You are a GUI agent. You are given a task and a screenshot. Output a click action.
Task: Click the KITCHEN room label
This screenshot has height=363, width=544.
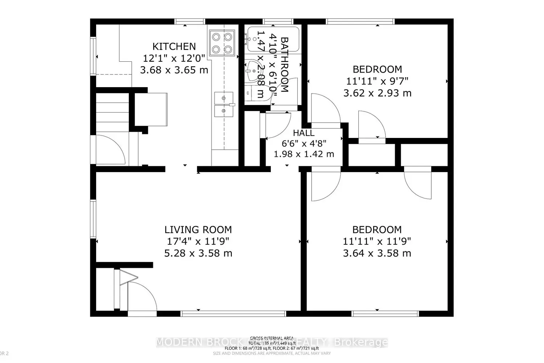pyautogui.click(x=174, y=46)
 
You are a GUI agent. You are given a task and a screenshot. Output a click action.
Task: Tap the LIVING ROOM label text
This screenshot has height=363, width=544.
pyautogui.click(x=198, y=230)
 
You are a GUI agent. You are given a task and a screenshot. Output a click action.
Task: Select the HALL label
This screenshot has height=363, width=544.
pyautogui.click(x=304, y=133)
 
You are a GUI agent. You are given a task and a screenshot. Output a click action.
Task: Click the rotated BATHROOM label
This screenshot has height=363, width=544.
pyautogui.click(x=284, y=65)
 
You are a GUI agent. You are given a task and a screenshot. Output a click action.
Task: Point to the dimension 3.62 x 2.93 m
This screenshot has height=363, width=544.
pyautogui.click(x=377, y=93)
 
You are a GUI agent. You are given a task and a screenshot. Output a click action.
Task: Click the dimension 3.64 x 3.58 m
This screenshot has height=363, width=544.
pyautogui.click(x=377, y=253)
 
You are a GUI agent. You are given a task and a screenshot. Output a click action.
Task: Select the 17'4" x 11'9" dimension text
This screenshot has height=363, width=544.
pyautogui.click(x=198, y=241)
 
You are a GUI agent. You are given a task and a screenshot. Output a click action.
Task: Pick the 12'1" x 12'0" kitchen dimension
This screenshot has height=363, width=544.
pyautogui.click(x=174, y=58)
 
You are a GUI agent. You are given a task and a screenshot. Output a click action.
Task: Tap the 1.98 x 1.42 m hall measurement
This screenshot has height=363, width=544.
pyautogui.click(x=304, y=154)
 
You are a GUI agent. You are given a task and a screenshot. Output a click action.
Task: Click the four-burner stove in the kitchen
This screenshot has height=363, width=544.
pyautogui.click(x=222, y=43)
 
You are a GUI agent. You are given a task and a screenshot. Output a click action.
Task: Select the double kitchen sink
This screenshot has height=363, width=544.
pyautogui.click(x=224, y=105)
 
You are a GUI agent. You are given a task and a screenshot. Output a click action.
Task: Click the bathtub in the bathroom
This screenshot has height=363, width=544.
pyautogui.click(x=273, y=39)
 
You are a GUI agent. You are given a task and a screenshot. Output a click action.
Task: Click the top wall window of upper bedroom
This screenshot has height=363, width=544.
pyautogui.click(x=360, y=21)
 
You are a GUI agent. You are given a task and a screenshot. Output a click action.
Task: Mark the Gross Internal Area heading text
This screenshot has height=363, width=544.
pyautogui.click(x=272, y=338)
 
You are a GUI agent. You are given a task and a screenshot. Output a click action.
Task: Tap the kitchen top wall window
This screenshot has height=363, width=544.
pyautogui.click(x=190, y=21)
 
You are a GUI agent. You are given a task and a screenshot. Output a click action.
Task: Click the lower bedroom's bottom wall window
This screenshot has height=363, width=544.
pyautogui.click(x=385, y=313)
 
